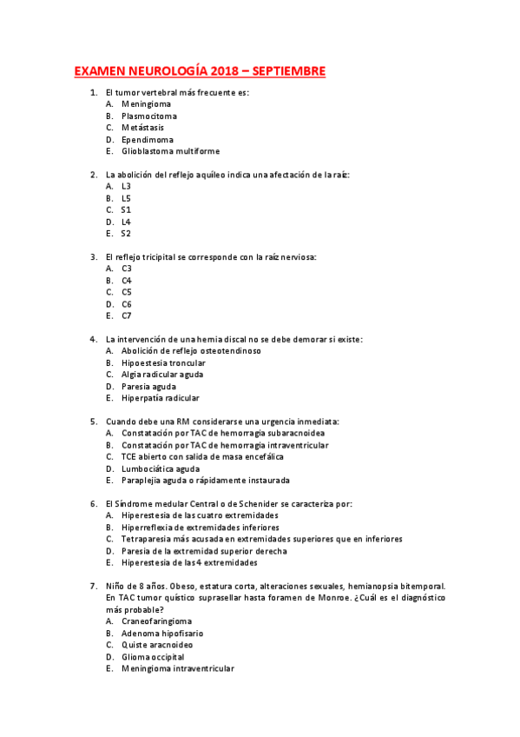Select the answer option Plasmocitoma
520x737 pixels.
tap(149, 116)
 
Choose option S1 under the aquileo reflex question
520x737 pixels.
tap(127, 209)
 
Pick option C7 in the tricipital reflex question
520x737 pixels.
tap(127, 315)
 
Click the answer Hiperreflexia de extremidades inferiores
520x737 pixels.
tap(201, 527)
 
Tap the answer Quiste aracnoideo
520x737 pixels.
tap(157, 645)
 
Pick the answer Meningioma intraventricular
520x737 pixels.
tap(178, 668)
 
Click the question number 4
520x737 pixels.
tap(93, 339)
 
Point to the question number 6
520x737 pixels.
tap(93, 503)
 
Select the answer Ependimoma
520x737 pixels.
tap(147, 139)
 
